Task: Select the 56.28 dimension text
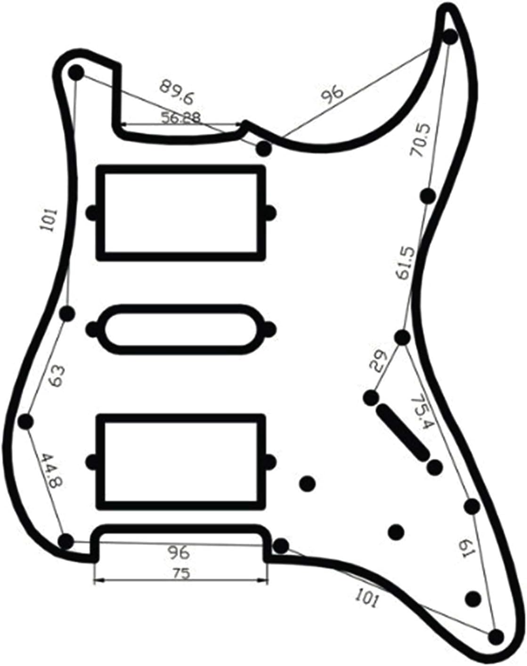180,117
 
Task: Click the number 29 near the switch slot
378,362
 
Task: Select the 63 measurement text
56,376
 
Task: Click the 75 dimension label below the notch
181,574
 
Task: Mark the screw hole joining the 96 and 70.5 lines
450,37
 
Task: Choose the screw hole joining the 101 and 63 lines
68,313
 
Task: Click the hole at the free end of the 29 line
371,398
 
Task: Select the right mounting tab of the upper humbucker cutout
270,213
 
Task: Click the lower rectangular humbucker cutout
181,462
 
